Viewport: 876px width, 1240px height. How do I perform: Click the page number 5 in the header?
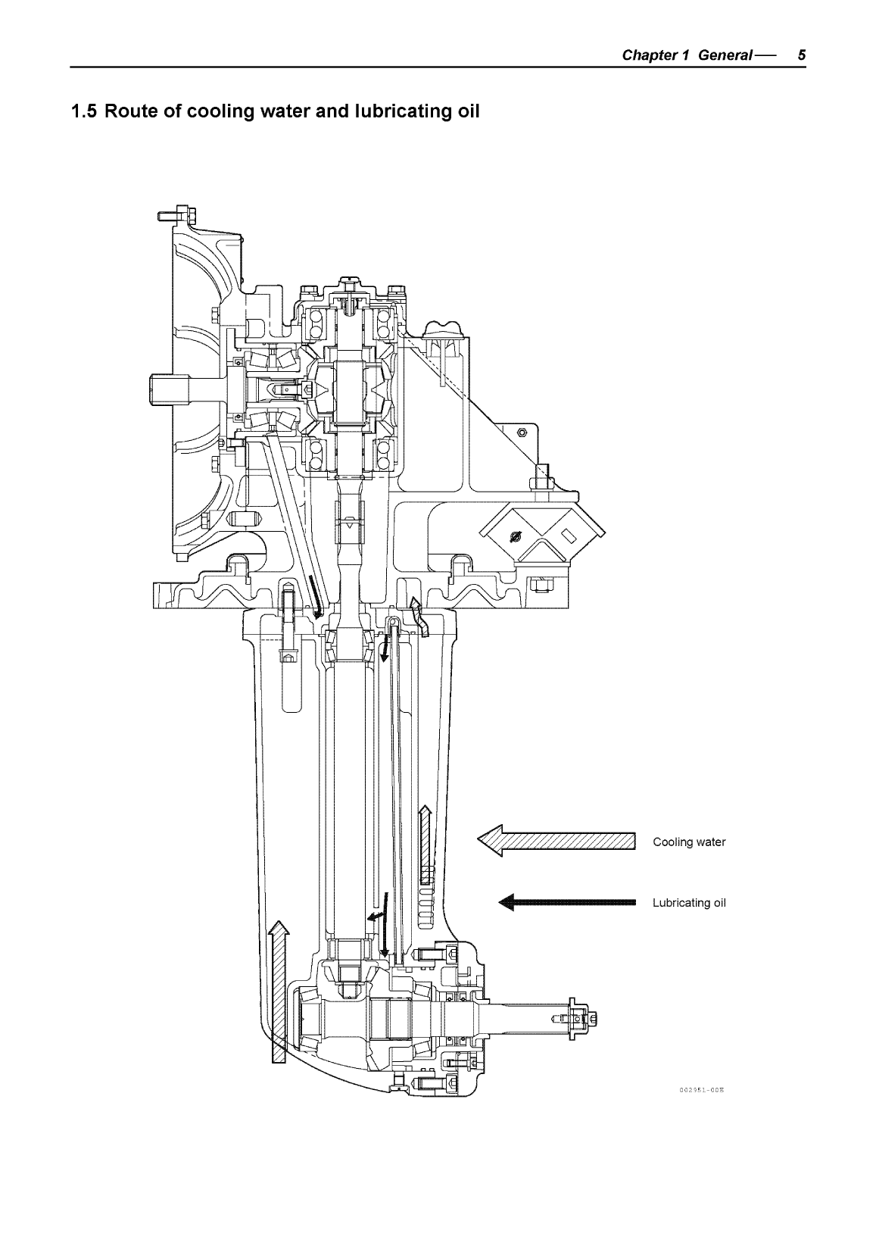801,55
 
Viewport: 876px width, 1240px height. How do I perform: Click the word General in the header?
725,55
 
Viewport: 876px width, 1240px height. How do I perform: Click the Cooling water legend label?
689,842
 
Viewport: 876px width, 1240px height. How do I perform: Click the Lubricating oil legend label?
689,903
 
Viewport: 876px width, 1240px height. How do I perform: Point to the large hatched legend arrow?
556,841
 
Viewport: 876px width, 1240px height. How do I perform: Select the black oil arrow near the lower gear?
385,924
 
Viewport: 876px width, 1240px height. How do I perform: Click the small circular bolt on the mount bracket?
521,433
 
